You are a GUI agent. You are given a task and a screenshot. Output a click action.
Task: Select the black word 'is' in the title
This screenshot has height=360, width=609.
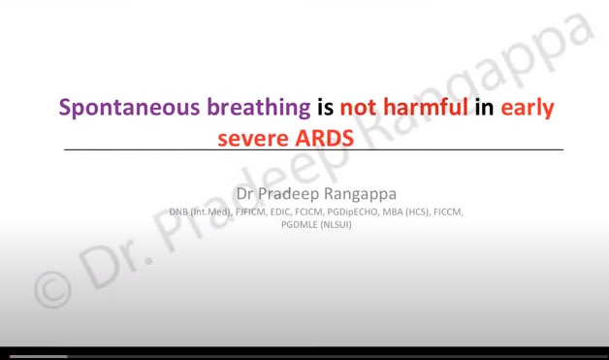[x=325, y=107]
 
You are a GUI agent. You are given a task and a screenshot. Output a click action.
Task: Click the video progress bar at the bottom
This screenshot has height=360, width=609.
[x=304, y=356]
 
